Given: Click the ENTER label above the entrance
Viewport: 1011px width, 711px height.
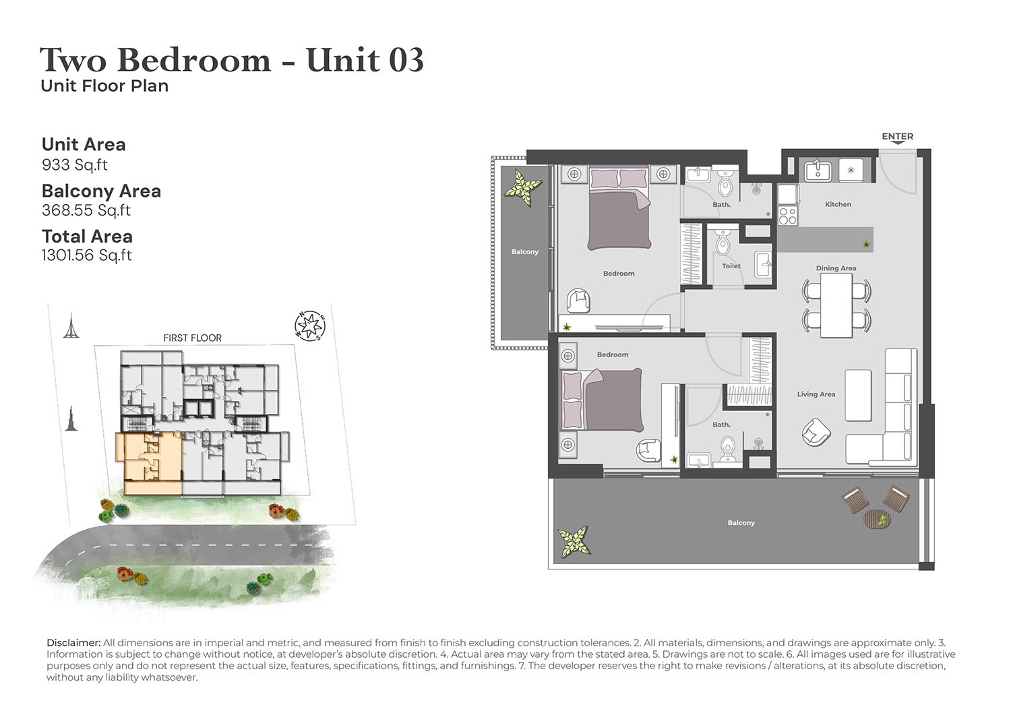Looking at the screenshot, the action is click(898, 136).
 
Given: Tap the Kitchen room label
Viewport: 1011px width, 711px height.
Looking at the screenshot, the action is click(838, 204).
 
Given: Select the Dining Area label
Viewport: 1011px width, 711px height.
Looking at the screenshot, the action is click(836, 268).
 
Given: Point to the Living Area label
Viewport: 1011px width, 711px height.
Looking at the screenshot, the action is click(816, 394).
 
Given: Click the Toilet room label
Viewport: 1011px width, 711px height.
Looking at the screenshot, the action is click(731, 266).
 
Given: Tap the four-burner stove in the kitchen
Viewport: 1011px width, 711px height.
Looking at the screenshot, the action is click(788, 216).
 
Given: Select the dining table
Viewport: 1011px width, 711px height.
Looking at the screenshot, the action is click(836, 305).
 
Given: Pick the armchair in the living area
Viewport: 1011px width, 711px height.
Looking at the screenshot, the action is click(816, 432).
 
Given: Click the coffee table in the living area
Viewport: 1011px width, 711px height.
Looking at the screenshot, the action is click(858, 396).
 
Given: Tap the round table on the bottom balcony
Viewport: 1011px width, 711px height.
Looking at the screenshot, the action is click(877, 519).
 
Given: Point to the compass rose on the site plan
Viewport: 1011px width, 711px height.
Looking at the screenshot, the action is click(309, 326).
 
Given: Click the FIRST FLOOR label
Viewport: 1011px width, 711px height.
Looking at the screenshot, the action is click(192, 338).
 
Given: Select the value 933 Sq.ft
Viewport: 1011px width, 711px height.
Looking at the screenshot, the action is click(74, 164).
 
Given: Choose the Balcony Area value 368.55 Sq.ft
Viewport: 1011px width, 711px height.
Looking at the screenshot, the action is click(86, 210).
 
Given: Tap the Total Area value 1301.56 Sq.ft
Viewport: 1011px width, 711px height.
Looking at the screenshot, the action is click(87, 255).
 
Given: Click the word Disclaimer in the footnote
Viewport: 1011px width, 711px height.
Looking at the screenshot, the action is click(73, 642).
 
